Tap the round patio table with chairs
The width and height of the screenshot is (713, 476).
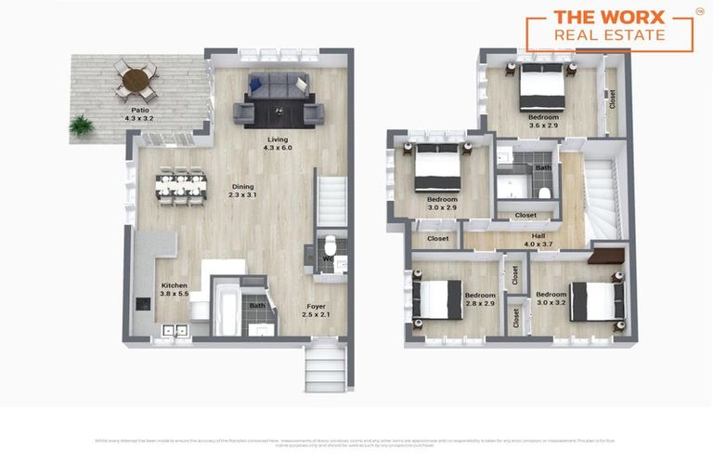(x=136, y=81)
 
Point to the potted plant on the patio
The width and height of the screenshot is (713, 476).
(x=83, y=124)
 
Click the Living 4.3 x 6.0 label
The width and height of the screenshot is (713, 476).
(x=278, y=143)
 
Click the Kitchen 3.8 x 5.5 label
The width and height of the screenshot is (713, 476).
(x=175, y=289)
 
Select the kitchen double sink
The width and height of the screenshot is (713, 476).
(x=174, y=329)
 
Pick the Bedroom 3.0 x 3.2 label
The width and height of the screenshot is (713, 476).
(x=552, y=298)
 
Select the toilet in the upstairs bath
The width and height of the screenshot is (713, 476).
(x=545, y=193)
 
